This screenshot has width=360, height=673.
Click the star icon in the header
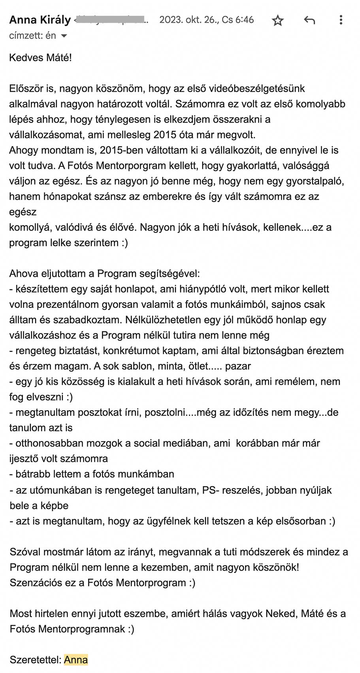[x=278, y=20]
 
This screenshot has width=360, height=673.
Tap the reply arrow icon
[x=309, y=20]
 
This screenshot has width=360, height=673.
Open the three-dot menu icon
[x=341, y=20]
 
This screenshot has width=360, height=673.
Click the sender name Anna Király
[x=40, y=20]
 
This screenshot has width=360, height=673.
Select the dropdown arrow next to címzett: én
[x=64, y=36]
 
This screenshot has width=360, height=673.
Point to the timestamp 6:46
[x=245, y=20]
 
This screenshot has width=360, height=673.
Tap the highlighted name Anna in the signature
[x=76, y=660]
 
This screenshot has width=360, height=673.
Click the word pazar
[x=238, y=366]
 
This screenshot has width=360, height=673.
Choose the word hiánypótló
[x=213, y=289]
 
